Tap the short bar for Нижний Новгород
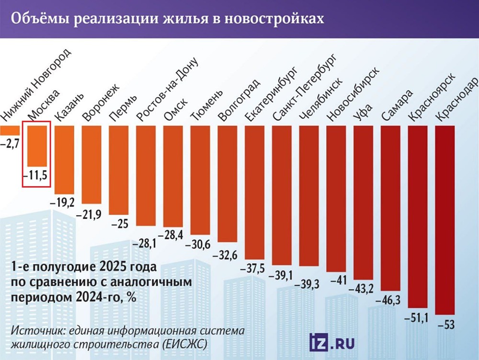(x=10, y=130)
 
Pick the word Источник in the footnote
(x=38, y=331)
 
